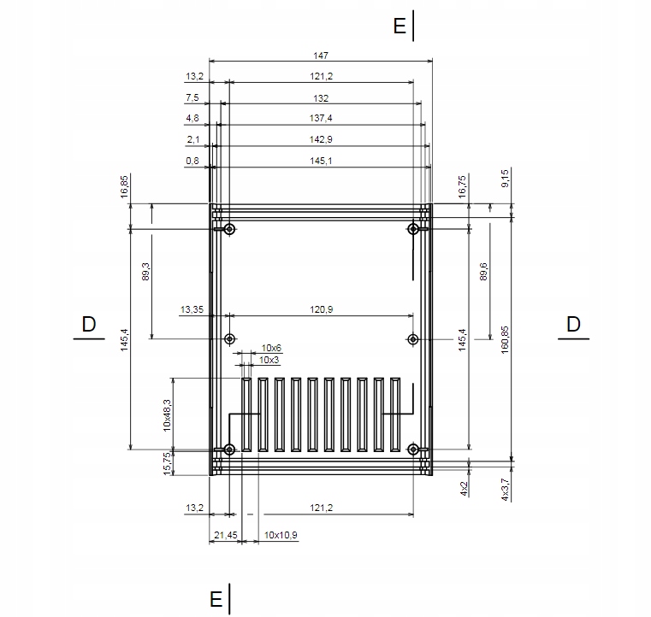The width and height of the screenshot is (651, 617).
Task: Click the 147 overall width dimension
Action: click(x=321, y=56)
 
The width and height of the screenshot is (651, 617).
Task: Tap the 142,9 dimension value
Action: click(x=321, y=139)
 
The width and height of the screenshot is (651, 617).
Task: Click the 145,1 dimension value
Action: click(x=321, y=160)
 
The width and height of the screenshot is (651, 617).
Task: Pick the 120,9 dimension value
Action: click(x=321, y=309)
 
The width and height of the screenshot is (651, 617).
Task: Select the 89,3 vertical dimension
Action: click(x=145, y=272)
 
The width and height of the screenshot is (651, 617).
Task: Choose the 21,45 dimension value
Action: click(x=224, y=535)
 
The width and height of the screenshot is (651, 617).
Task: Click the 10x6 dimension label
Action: click(x=272, y=348)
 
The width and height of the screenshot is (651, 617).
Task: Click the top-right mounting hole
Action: click(x=414, y=228)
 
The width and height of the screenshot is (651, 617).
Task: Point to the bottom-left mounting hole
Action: click(x=229, y=450)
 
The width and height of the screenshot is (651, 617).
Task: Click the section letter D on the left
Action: click(x=88, y=324)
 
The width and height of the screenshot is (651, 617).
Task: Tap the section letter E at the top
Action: click(x=399, y=26)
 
